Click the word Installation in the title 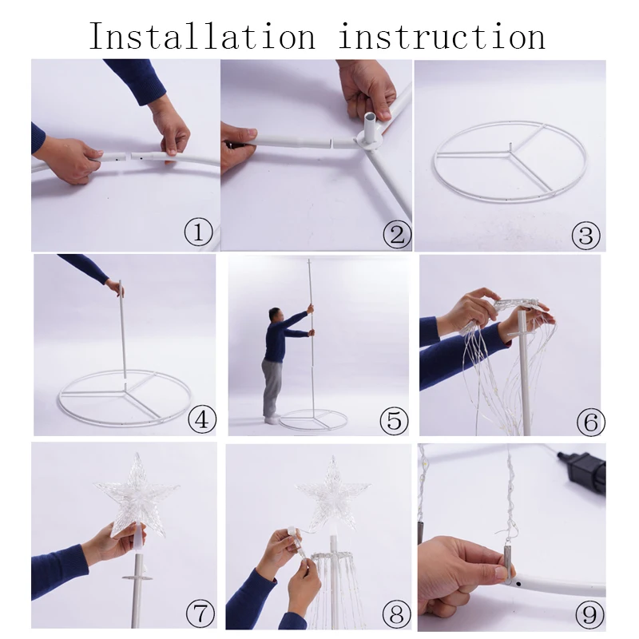click(x=202, y=36)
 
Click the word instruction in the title click(x=442, y=36)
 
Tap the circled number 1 click(x=198, y=232)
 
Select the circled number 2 click(x=397, y=234)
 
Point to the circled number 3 click(x=585, y=235)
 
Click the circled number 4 click(x=202, y=419)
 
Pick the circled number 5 click(x=394, y=420)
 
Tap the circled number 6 click(x=591, y=422)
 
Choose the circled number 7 click(x=200, y=613)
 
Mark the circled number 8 click(x=396, y=614)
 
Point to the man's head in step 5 click(x=275, y=316)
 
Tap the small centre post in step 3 click(x=510, y=147)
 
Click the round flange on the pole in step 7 click(x=137, y=577)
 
